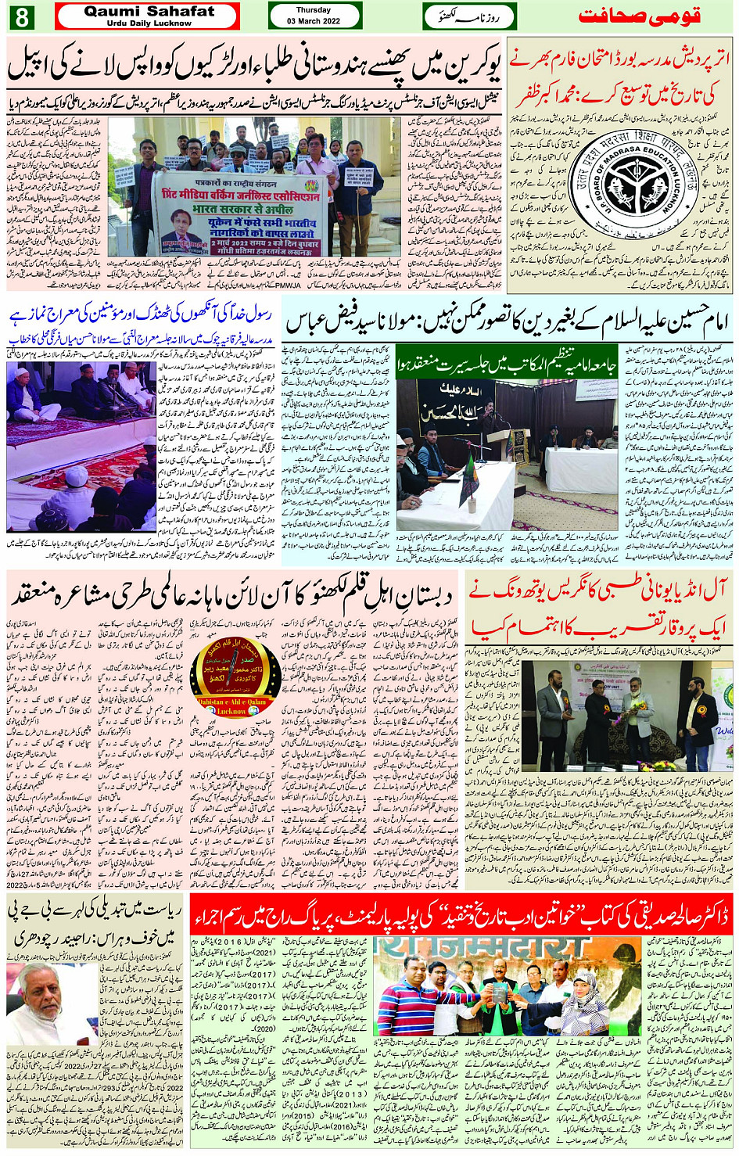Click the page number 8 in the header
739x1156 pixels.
(20, 16)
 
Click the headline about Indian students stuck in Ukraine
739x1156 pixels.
(255, 68)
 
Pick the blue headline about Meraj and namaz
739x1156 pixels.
(141, 315)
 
